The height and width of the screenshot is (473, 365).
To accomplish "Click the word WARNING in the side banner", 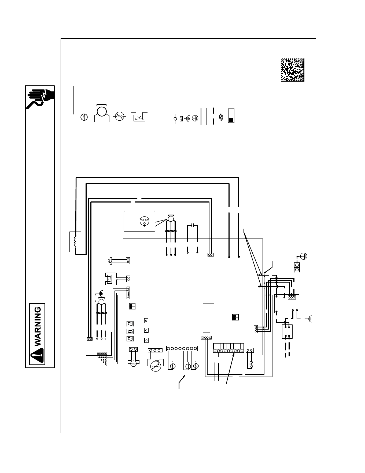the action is tap(38, 326).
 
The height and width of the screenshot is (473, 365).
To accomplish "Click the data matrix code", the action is tap(293, 70).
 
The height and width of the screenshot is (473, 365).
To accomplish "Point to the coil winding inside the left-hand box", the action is tap(75, 241).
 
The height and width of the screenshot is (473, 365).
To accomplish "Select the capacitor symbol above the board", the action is tap(192, 225).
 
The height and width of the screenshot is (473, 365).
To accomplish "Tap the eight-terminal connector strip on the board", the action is tap(182, 348).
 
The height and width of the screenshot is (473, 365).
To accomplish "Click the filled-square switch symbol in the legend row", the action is tap(231, 116).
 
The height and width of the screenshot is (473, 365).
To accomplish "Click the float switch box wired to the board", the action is tap(110, 279).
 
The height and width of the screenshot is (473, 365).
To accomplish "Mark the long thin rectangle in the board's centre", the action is tap(208, 302).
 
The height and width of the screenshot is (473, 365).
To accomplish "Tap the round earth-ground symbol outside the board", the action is tap(304, 256).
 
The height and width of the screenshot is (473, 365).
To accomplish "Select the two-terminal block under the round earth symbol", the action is tap(297, 267).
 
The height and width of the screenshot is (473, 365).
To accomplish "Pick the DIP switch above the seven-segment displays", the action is tap(132, 306).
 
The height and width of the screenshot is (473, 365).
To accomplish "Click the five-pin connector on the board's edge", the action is tap(128, 293).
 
